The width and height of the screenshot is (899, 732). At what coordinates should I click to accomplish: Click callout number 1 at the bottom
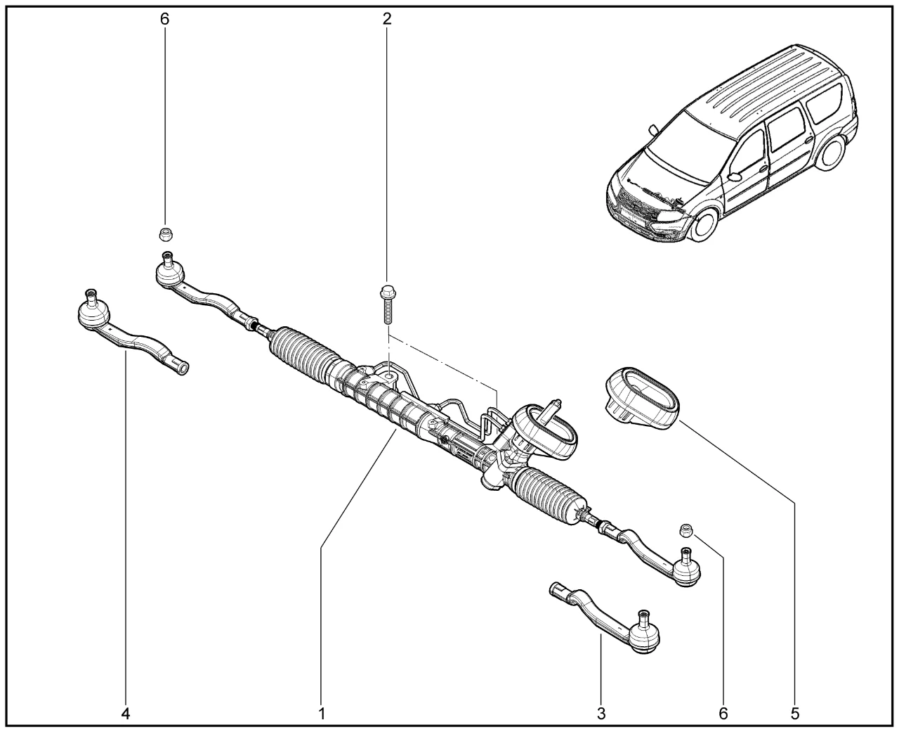tap(322, 714)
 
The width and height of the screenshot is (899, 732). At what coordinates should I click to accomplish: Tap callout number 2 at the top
tap(387, 18)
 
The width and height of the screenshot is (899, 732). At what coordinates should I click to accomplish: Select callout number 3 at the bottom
tap(601, 714)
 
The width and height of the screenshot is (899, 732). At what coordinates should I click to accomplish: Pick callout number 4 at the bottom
tap(126, 714)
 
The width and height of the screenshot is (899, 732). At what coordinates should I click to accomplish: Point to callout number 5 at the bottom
tap(795, 714)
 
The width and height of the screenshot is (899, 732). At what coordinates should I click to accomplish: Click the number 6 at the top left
tap(165, 18)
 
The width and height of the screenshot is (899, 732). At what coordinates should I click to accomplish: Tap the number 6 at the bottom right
tap(723, 714)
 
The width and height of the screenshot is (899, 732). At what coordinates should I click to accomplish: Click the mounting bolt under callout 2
tap(386, 302)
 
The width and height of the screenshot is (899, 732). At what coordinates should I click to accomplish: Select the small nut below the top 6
tap(166, 233)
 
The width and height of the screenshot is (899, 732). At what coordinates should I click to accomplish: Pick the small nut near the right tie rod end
tap(686, 530)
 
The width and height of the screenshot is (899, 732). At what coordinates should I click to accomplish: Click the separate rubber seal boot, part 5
tap(641, 399)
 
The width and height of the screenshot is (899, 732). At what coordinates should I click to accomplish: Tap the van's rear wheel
tap(833, 153)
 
